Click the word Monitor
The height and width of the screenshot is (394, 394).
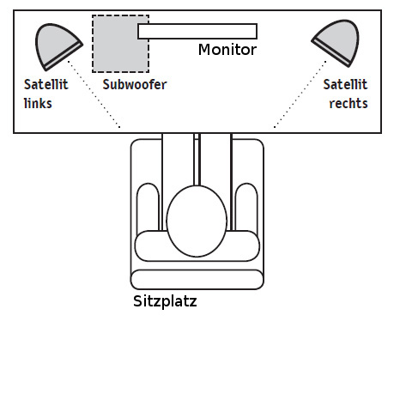tap(227, 50)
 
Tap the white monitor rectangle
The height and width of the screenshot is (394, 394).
tap(197, 31)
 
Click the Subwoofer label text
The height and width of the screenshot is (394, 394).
tap(135, 84)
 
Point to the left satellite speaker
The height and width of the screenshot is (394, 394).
tap(58, 45)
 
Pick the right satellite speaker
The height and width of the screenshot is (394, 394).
tap(337, 43)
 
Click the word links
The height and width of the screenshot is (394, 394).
tap(38, 103)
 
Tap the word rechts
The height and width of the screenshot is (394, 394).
tap(349, 103)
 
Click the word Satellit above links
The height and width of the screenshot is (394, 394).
tap(46, 84)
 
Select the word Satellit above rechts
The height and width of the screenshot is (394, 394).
tap(345, 84)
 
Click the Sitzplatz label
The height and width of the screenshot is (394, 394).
tap(165, 301)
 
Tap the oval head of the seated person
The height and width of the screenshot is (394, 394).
tap(197, 221)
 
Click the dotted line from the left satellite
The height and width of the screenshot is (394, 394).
tap(94, 94)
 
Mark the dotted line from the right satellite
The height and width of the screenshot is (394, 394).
tap(300, 94)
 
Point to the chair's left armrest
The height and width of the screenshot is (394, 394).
tap(148, 208)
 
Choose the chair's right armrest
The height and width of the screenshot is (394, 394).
tap(246, 208)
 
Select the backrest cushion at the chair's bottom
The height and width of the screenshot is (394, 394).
tap(197, 279)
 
